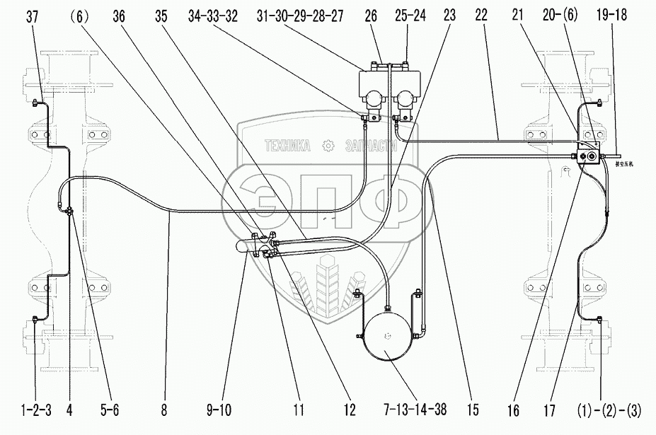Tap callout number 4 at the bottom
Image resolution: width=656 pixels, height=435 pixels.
click(69, 409)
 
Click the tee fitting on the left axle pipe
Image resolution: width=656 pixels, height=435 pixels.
click(69, 210)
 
